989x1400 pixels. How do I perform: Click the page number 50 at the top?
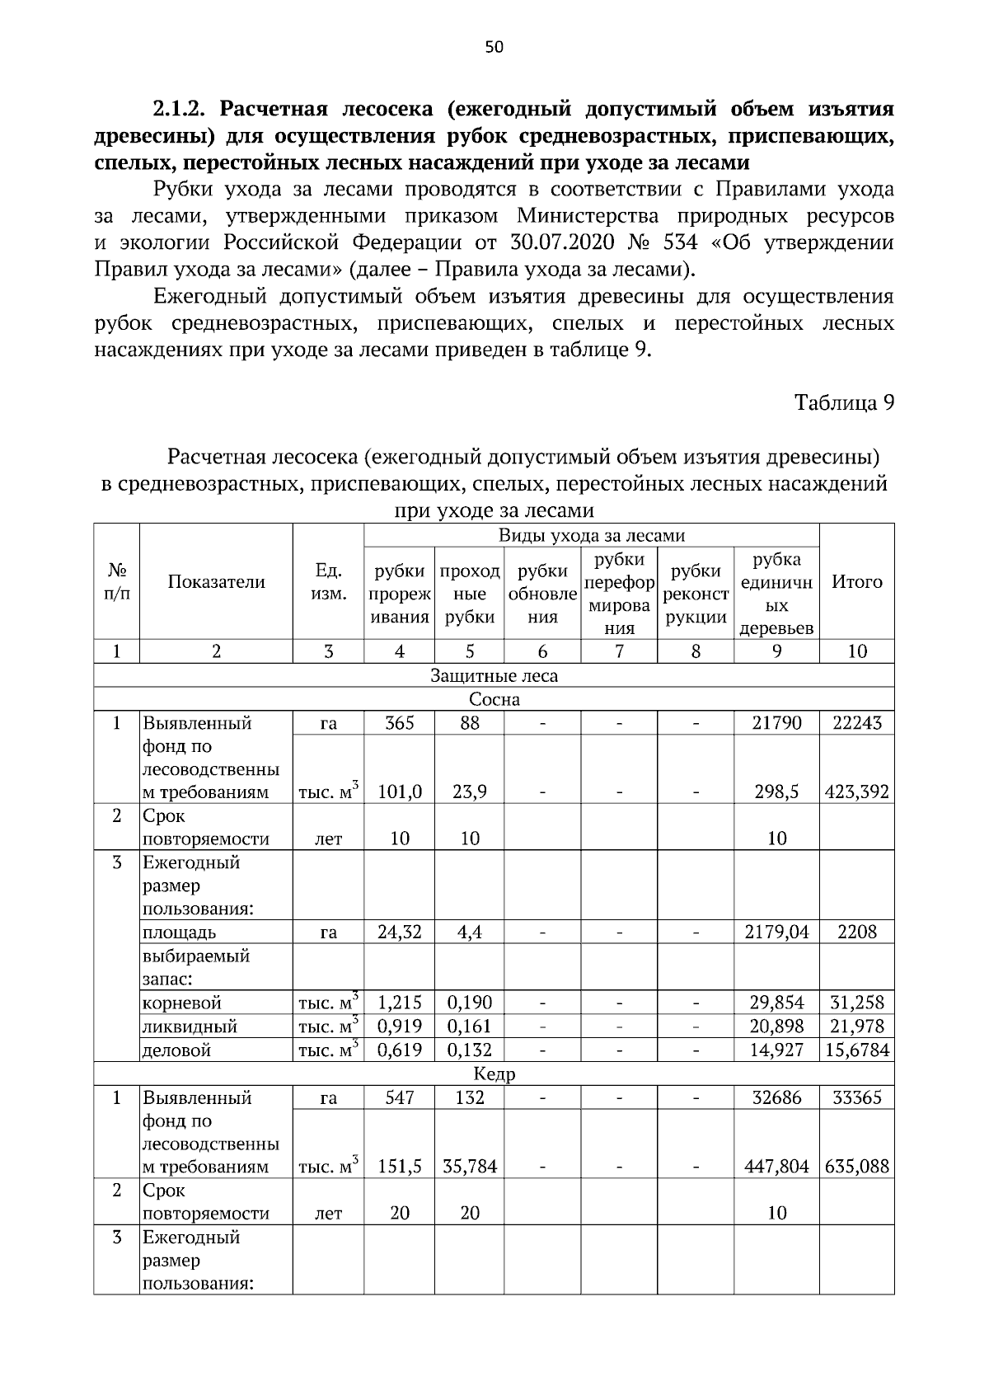tap(494, 47)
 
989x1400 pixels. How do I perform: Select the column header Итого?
tap(857, 582)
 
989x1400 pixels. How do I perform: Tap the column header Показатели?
tap(217, 582)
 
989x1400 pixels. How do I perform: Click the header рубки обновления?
tap(542, 594)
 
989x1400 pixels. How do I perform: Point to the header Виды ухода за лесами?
tap(592, 536)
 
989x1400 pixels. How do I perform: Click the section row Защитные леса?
tap(494, 676)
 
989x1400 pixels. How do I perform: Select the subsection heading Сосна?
tap(494, 700)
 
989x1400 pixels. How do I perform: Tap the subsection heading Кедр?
tap(494, 1074)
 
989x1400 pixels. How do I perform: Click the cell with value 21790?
tap(776, 723)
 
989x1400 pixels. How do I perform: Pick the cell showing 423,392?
tap(857, 792)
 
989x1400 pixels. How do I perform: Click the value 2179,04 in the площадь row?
tap(776, 933)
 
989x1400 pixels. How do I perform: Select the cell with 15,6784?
tap(857, 1050)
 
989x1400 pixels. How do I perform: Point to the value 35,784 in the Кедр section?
tap(470, 1167)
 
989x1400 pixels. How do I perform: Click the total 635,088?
tap(857, 1167)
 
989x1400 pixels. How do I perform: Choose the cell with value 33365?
tap(857, 1097)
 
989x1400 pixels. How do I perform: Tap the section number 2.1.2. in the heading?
tap(182, 110)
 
